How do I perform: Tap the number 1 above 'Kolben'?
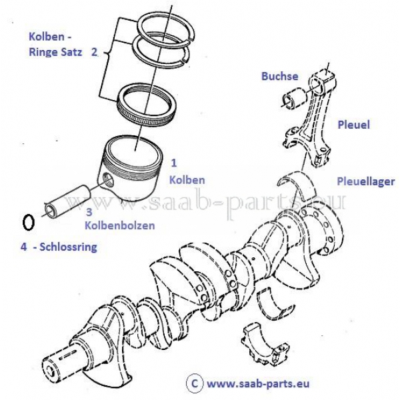coord(173,162)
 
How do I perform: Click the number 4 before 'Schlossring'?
coord(23,247)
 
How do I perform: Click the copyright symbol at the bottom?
coord(194,383)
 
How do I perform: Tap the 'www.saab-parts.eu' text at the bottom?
coord(257,383)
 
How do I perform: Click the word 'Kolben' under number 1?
coord(187,180)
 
